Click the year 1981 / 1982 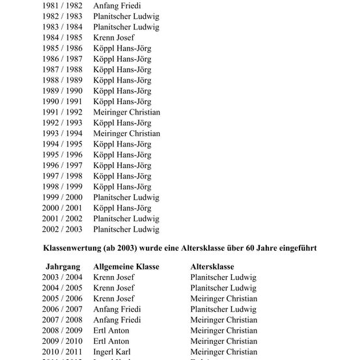62,6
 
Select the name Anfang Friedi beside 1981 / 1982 117,6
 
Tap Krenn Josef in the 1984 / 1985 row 114,38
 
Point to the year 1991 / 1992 62,112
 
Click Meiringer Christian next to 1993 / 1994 126,133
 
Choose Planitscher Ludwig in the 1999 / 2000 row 126,197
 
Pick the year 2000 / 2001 62,208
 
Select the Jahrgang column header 63,267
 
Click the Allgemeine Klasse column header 126,267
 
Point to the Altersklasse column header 212,267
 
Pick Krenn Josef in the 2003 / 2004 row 114,277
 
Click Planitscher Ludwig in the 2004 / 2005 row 223,288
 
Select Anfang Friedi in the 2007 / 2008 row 117,320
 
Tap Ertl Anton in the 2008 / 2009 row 111,331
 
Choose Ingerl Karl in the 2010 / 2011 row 112,352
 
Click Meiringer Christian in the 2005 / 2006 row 224,299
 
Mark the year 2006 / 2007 62,309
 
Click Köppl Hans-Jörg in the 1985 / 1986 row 122,48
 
